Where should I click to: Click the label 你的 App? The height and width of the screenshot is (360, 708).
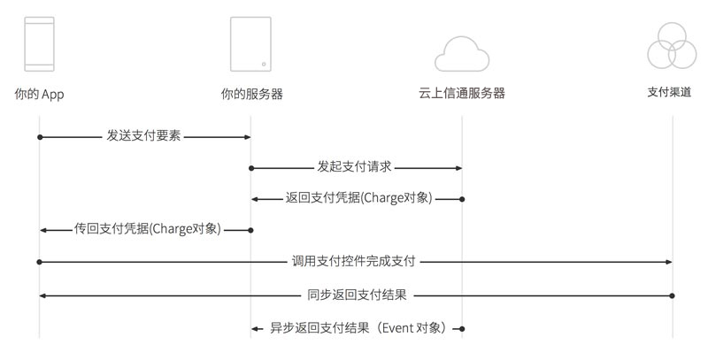coord(39,94)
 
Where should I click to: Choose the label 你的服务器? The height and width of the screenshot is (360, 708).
coord(252,94)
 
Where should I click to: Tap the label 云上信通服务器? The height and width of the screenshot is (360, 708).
coord(461,93)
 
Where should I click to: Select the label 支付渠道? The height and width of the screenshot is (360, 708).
coord(669,92)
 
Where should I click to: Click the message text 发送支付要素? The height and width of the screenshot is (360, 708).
coord(143,135)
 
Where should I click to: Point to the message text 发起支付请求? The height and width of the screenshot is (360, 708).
coord(354,166)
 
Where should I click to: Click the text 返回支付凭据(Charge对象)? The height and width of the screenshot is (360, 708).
coord(359,197)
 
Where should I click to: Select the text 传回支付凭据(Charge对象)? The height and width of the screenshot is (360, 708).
coord(148,229)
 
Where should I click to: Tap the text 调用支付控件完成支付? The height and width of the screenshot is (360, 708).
coord(353,261)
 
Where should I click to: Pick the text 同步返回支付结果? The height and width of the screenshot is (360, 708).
coord(358,295)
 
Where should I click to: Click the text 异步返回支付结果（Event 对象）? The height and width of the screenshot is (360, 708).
coord(359,328)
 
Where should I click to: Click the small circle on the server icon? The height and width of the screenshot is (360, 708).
coord(264,64)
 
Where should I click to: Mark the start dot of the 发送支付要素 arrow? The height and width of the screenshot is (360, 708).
coord(40,137)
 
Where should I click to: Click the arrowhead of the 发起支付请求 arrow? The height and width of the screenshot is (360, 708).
coord(458,168)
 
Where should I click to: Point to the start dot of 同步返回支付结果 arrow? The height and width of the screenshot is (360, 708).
coord(673,296)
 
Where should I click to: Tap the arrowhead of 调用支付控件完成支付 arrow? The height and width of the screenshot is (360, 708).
coord(669,262)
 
